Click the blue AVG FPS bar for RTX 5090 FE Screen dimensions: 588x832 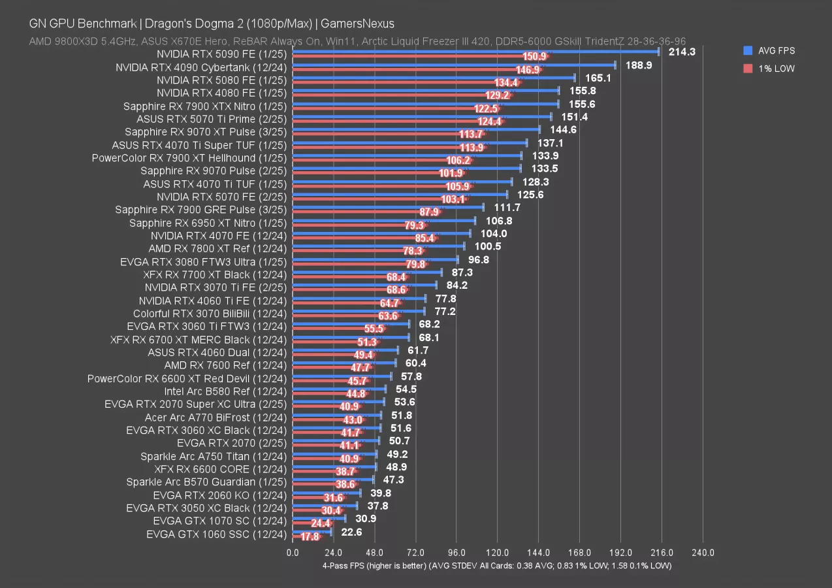pos(475,51)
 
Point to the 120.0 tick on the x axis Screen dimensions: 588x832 pos(498,552)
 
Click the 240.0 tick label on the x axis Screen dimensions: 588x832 pos(703,552)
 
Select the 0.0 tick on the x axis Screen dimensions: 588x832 pos(293,552)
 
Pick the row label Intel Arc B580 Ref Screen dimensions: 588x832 pos(225,391)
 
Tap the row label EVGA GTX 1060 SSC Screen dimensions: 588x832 pos(216,534)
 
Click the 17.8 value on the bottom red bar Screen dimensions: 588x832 pos(310,537)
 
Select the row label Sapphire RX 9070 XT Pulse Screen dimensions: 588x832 pos(206,131)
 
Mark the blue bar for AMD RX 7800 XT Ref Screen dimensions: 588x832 pos(378,246)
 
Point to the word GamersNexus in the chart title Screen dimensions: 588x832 pos(362,24)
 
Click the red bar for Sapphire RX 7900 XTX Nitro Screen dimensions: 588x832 pos(385,109)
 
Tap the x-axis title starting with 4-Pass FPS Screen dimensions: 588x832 pos(496,565)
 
